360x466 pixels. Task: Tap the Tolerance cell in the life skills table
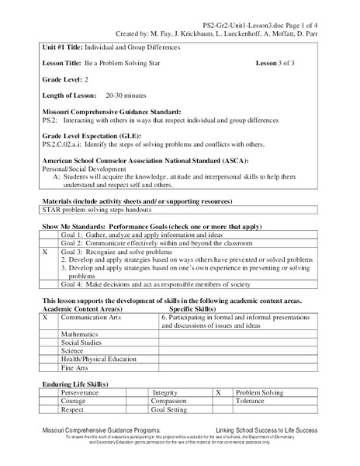click(x=253, y=403)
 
